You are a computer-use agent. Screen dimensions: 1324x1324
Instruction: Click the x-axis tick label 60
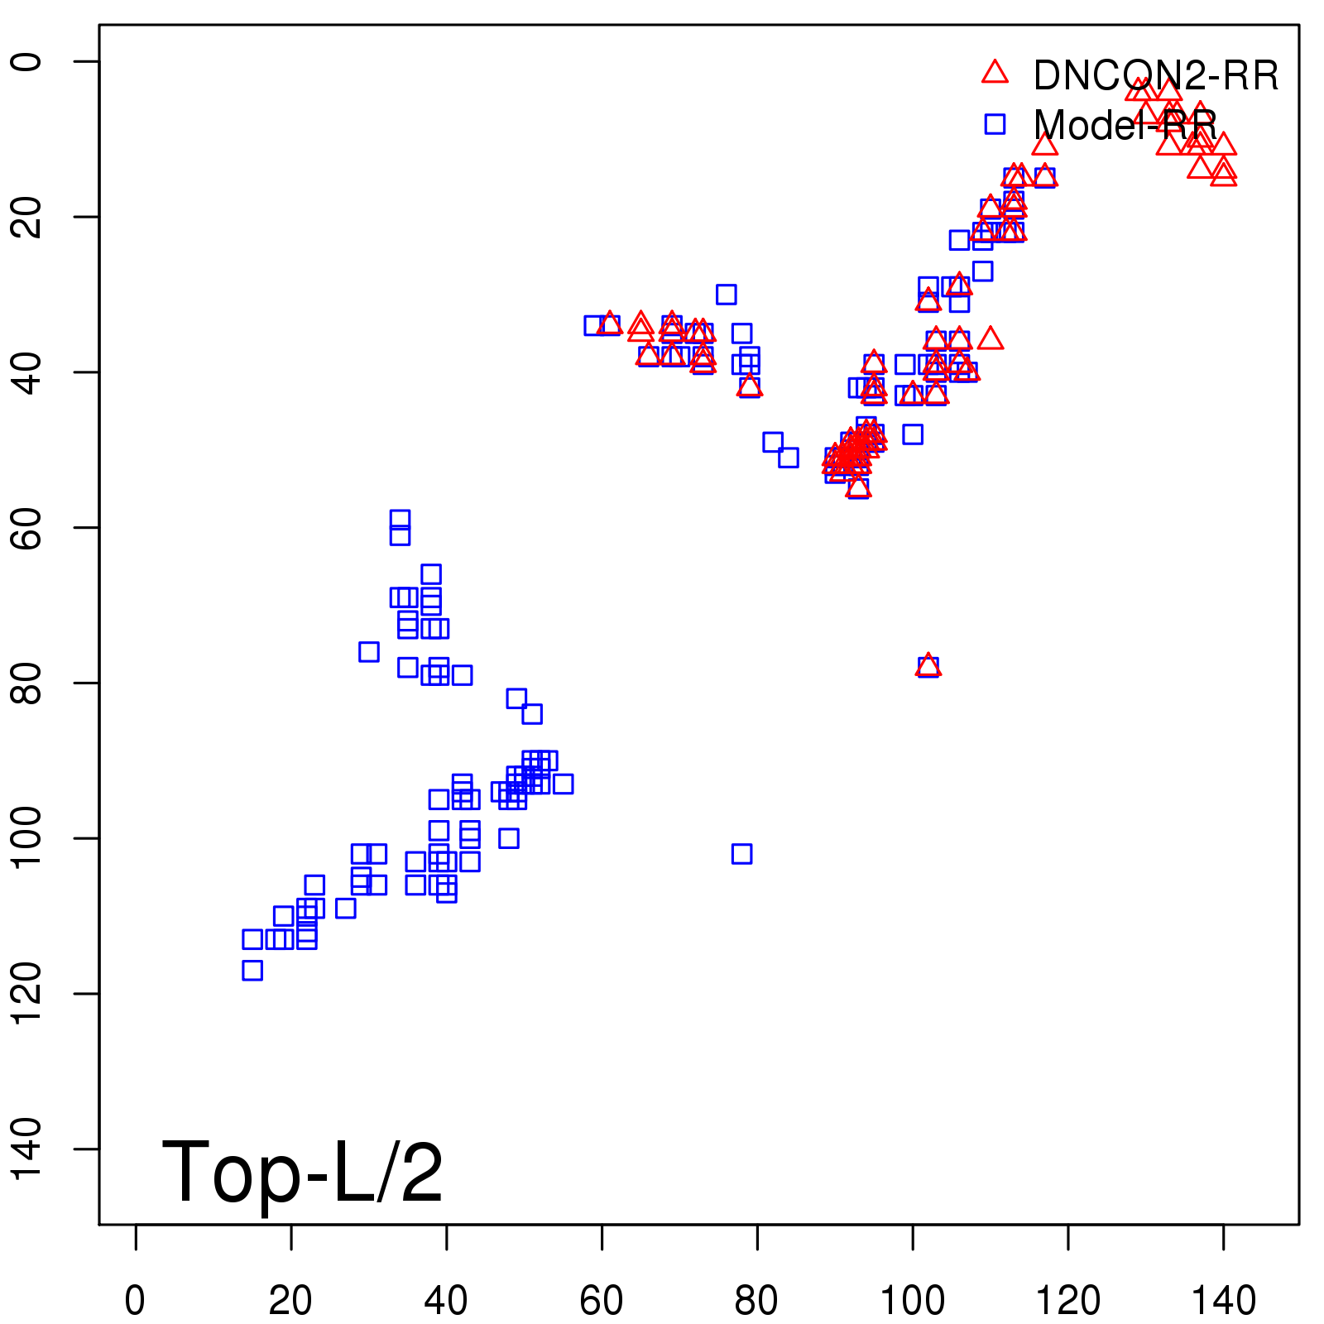click(602, 1301)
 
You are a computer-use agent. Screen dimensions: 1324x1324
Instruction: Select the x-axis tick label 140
click(1223, 1301)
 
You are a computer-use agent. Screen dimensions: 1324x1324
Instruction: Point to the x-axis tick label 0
click(135, 1301)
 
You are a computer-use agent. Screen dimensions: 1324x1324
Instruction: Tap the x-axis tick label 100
click(912, 1301)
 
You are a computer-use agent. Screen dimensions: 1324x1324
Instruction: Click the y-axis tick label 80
click(26, 683)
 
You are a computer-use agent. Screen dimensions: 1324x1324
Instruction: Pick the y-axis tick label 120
click(26, 993)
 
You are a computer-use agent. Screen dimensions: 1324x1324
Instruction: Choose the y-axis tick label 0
click(26, 61)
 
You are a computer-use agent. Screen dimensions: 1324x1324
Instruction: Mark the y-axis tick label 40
click(26, 372)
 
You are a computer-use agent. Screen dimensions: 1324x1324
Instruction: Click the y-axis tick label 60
click(26, 527)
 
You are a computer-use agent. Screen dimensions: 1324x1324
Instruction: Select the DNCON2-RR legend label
click(1155, 76)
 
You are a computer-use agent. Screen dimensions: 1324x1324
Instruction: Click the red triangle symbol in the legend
click(995, 73)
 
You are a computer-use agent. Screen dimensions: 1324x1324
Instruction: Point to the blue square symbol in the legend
click(995, 124)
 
